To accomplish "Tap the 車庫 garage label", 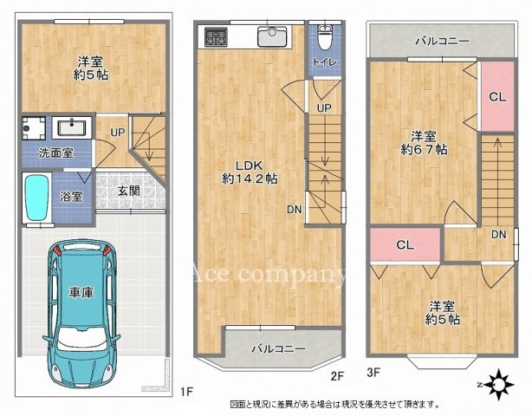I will [x=81, y=293].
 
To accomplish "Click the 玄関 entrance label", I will [x=129, y=192].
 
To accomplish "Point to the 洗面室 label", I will [x=55, y=153].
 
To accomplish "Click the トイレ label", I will [x=326, y=62].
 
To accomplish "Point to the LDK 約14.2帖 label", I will [x=249, y=171].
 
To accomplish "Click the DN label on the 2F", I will [x=295, y=209].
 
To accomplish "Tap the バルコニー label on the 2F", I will [x=278, y=348].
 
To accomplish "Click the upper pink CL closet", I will [x=496, y=97].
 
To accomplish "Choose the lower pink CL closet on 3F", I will [x=405, y=244].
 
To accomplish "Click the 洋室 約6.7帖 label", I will [x=424, y=142].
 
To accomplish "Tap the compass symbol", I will [x=499, y=381].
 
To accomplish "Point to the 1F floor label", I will [x=186, y=392].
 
